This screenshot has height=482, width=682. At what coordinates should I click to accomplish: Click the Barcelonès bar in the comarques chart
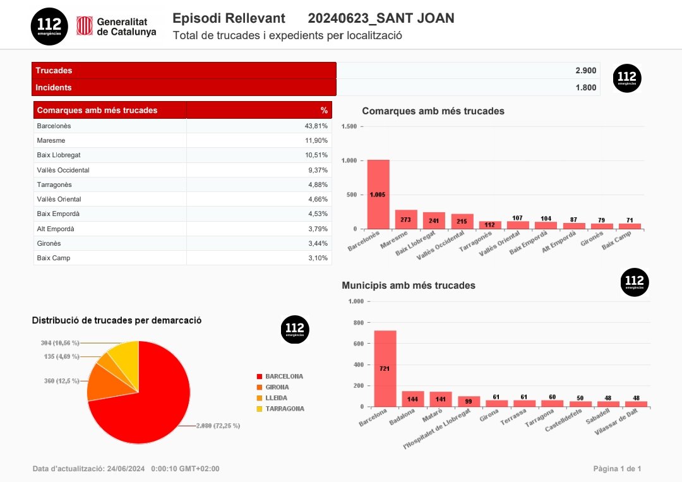point(378,195)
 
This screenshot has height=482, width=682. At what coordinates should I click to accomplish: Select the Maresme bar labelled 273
point(406,219)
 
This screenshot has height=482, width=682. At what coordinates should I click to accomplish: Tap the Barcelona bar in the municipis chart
point(385,368)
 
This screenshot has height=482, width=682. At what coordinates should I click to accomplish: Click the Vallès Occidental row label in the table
point(63,170)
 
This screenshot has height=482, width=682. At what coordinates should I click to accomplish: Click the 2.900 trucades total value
point(585,71)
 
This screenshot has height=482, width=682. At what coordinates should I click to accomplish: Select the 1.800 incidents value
point(585,88)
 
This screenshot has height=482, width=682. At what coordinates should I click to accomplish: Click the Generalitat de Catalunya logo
point(117,27)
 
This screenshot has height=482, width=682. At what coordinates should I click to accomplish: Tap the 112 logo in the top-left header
point(49,26)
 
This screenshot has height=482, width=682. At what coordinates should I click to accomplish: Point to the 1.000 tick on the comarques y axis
point(349,160)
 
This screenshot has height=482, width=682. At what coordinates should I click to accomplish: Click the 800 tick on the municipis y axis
point(357,323)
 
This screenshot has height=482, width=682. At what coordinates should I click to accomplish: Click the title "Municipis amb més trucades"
point(409,286)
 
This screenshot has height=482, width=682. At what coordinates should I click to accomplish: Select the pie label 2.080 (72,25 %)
point(218,426)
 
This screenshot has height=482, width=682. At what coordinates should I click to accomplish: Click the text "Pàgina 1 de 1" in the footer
point(617,469)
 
